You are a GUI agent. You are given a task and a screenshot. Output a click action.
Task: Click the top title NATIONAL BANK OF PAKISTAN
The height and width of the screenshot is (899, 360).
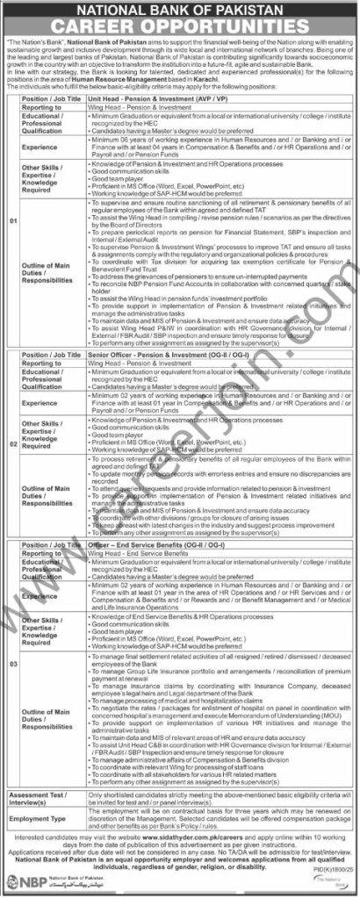pyautogui.click(x=180, y=9)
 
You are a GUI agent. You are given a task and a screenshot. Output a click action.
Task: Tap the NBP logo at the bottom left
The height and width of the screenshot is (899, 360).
pyautogui.click(x=27, y=883)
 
